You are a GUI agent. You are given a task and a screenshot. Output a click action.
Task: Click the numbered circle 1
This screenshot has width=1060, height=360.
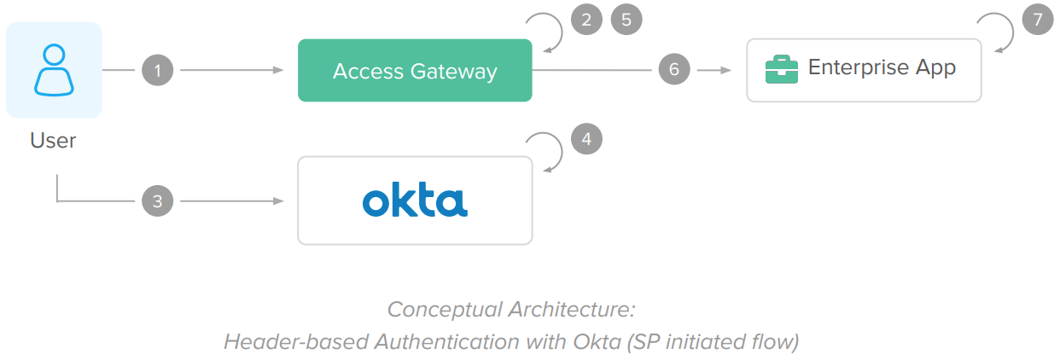(158, 70)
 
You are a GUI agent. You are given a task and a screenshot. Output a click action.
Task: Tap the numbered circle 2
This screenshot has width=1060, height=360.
(586, 20)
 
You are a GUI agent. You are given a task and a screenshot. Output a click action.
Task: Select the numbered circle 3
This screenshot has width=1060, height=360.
(158, 201)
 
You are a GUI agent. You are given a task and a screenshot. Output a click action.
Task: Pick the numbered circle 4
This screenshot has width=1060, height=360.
(586, 138)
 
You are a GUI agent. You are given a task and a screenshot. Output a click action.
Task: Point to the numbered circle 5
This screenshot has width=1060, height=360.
(626, 20)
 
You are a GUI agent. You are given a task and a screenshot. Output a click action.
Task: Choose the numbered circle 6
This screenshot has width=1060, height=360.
(674, 70)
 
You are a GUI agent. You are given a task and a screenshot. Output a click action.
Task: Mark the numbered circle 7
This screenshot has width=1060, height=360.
(1038, 20)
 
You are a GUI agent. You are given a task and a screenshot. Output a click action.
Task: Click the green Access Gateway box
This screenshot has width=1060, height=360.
(415, 70)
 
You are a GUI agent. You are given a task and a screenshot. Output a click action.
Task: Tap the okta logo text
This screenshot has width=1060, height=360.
(415, 201)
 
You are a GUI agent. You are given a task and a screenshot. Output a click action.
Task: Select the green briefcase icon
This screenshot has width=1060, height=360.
(781, 69)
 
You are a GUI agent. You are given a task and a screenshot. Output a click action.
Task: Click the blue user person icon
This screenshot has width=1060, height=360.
(54, 70)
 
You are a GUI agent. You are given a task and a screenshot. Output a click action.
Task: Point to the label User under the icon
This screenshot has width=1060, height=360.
(53, 141)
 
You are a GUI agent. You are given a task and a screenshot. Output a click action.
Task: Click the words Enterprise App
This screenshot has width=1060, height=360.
(882, 67)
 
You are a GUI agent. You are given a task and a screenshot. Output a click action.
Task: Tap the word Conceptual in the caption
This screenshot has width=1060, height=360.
(438, 309)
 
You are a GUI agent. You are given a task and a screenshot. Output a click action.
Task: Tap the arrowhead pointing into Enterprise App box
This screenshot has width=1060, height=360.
(727, 70)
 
